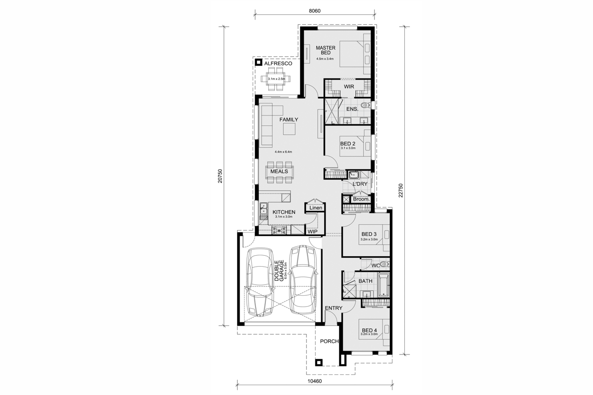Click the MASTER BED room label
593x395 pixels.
[325, 50]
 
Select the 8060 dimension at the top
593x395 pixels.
[314, 11]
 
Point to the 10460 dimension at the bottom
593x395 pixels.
[314, 381]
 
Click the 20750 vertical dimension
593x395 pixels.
[220, 176]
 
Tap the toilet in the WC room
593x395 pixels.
[384, 264]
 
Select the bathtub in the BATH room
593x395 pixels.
[383, 285]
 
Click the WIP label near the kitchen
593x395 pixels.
[312, 232]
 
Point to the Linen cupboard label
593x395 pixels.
[316, 208]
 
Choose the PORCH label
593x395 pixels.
[329, 341]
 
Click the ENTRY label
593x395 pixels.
[334, 308]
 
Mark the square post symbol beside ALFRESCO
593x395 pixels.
[258, 62]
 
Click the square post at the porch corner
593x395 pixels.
[318, 362]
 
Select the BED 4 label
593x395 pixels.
[369, 330]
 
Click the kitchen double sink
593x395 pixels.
[78, 208]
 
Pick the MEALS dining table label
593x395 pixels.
[279, 171]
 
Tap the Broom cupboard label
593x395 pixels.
[361, 199]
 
